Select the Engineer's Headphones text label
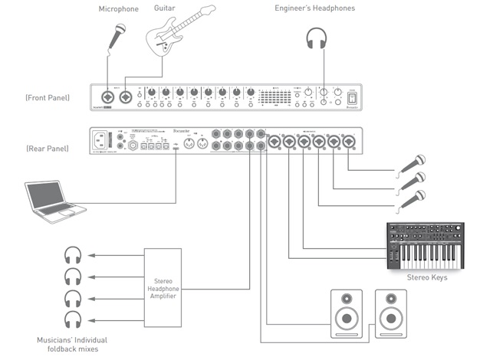pos(326,8)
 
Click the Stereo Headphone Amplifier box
pos(163,283)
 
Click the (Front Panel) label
pos(49,99)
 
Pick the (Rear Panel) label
pos(48,146)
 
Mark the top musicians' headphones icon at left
pos(73,255)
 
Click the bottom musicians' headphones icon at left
pos(73,319)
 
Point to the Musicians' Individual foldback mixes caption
pos(73,343)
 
